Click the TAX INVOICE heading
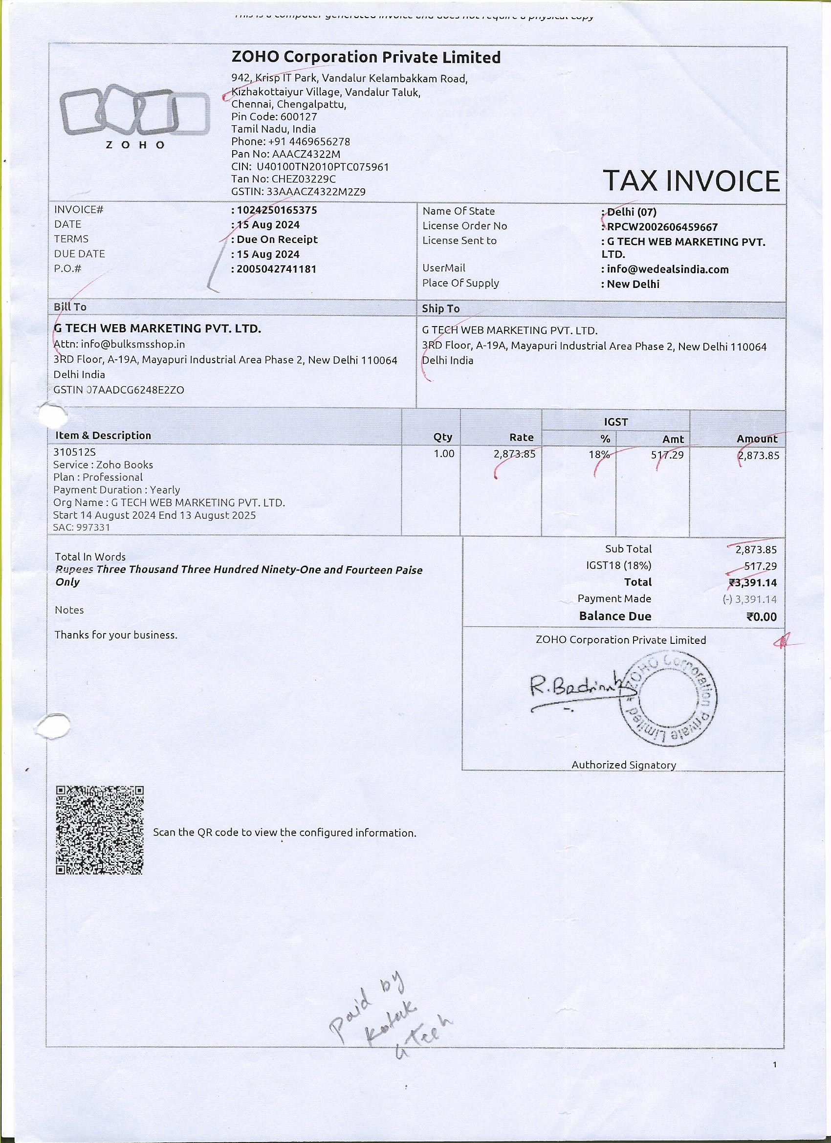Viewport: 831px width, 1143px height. pyautogui.click(x=690, y=181)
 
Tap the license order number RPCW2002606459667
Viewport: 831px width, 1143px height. pyautogui.click(x=662, y=227)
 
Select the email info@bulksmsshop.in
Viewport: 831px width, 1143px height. pyautogui.click(x=132, y=344)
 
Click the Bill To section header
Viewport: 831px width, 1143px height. pyautogui.click(x=70, y=307)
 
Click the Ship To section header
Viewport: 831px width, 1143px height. pyautogui.click(x=440, y=308)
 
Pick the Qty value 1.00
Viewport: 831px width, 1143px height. pyautogui.click(x=443, y=454)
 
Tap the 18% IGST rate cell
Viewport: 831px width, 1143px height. pyautogui.click(x=599, y=455)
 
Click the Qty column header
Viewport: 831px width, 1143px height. pyautogui.click(x=442, y=437)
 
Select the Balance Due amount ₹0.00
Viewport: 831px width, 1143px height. pyautogui.click(x=762, y=617)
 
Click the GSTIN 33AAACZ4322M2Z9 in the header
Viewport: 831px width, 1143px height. pyautogui.click(x=298, y=192)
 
